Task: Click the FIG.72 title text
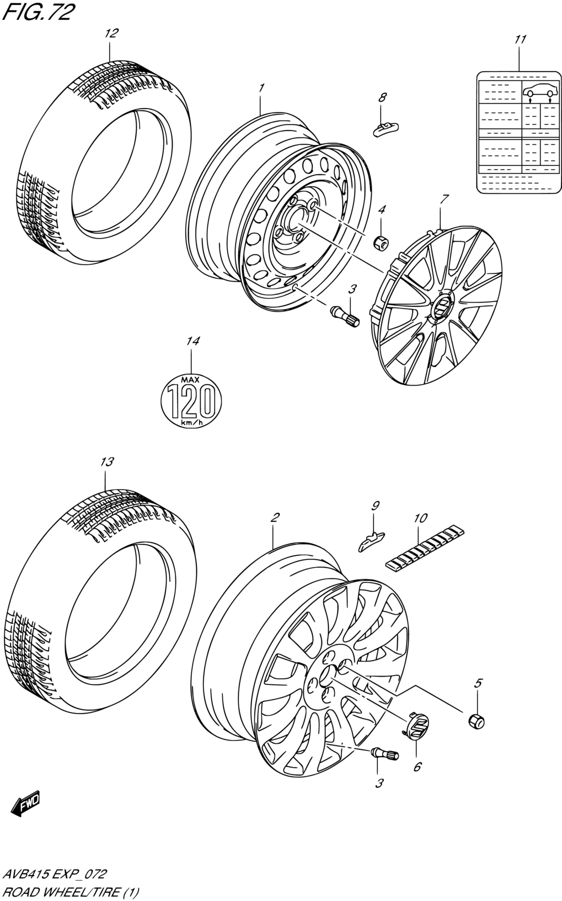pyautogui.click(x=39, y=13)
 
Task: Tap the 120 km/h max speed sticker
pyautogui.click(x=191, y=401)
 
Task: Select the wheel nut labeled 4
pyautogui.click(x=381, y=242)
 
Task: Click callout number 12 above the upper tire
pyautogui.click(x=111, y=33)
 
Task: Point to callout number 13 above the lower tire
pyautogui.click(x=106, y=462)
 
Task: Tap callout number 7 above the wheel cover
pyautogui.click(x=445, y=199)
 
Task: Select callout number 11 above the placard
pyautogui.click(x=520, y=40)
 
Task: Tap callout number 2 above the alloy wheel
pyautogui.click(x=275, y=517)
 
